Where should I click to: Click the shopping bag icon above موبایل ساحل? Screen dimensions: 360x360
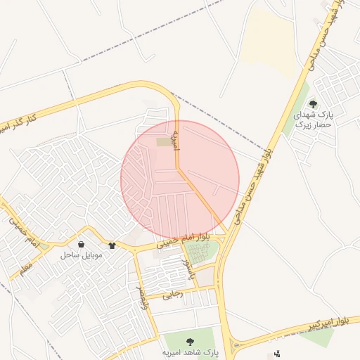click(82, 245)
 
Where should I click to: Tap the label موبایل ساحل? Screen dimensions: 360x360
click(82, 255)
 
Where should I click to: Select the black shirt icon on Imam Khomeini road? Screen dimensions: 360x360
click(112, 245)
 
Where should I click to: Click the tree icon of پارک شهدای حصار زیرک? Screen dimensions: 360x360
click(313, 104)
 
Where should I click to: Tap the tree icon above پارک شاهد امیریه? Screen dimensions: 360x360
click(188, 341)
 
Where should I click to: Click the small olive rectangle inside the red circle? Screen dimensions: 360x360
click(164, 142)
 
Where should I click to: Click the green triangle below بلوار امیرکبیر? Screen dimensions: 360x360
click(318, 337)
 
